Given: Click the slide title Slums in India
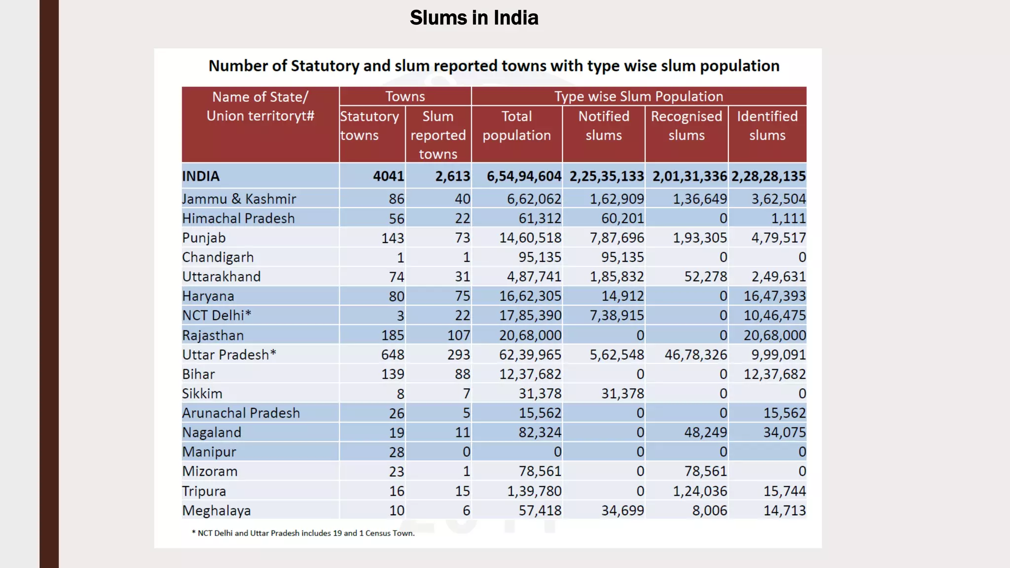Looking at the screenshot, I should (474, 18).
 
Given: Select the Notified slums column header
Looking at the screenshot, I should (604, 126).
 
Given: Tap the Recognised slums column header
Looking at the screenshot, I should (686, 126).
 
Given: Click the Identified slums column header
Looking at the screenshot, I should (767, 126).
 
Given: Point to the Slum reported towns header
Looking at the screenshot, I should (438, 135).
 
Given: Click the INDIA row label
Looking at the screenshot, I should (201, 176).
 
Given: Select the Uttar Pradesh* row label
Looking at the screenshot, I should (229, 355).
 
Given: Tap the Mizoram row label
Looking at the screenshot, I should (210, 471).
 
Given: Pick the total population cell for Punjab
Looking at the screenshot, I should (530, 238).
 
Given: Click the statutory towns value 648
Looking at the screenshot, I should (393, 355).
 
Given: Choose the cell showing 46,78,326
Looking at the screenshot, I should (695, 355).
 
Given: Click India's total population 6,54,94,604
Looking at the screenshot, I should (524, 176).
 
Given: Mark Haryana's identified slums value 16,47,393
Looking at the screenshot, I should (774, 296).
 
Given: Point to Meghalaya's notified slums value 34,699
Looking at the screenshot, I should (622, 510).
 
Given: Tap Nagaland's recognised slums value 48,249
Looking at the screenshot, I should (705, 432).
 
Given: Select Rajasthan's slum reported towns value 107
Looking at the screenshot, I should (458, 335).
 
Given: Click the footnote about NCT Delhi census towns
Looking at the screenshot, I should (303, 533).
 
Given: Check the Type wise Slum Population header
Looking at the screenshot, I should (639, 96).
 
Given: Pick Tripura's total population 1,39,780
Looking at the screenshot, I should (534, 491).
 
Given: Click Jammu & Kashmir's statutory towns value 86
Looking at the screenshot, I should (396, 199).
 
